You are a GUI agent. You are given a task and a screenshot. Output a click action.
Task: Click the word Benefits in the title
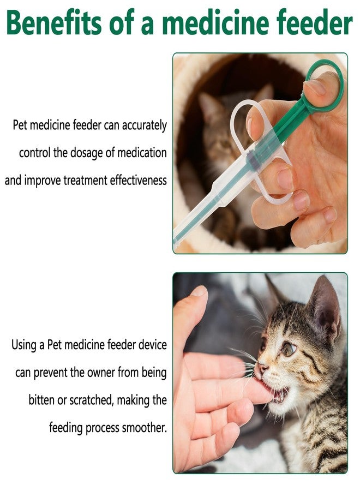coord(54,22)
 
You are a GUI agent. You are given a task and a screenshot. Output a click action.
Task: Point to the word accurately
coord(145,125)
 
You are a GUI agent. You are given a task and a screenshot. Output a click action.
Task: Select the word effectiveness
coord(139,181)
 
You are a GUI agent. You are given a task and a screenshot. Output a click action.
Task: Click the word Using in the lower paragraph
coord(24,345)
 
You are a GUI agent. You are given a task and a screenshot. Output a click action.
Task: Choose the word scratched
coord(92,400)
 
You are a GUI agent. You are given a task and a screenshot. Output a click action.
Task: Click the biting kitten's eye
coord(289,349)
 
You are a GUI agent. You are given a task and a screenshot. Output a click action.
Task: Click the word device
coord(152,345)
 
